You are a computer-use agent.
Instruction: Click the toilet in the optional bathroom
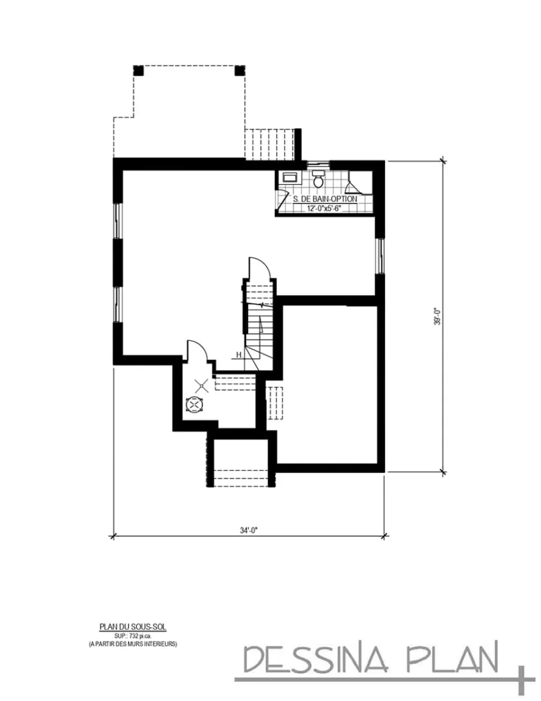pos(318,180)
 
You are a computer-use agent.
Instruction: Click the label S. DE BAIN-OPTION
pos(324,199)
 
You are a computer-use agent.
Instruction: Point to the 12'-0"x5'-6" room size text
pos(324,207)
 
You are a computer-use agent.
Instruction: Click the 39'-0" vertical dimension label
pos(436,316)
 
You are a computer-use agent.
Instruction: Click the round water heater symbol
pos(195,405)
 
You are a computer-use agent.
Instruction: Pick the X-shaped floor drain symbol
pos(200,386)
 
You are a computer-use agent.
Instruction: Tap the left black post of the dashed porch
pos(137,70)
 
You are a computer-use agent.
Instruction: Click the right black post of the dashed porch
pos(240,70)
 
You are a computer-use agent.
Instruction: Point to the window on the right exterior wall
pos(379,257)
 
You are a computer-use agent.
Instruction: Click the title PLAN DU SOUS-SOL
pos(133,626)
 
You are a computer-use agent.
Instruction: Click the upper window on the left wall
pos(117,220)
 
